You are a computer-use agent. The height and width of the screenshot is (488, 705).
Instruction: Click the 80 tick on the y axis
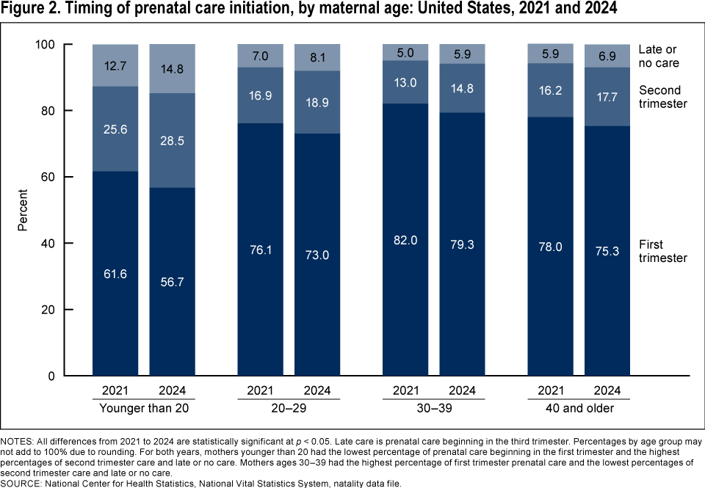(68, 111)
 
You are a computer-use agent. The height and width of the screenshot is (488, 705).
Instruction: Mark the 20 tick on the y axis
(68, 310)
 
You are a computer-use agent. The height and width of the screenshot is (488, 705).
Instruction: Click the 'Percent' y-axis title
(23, 211)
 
